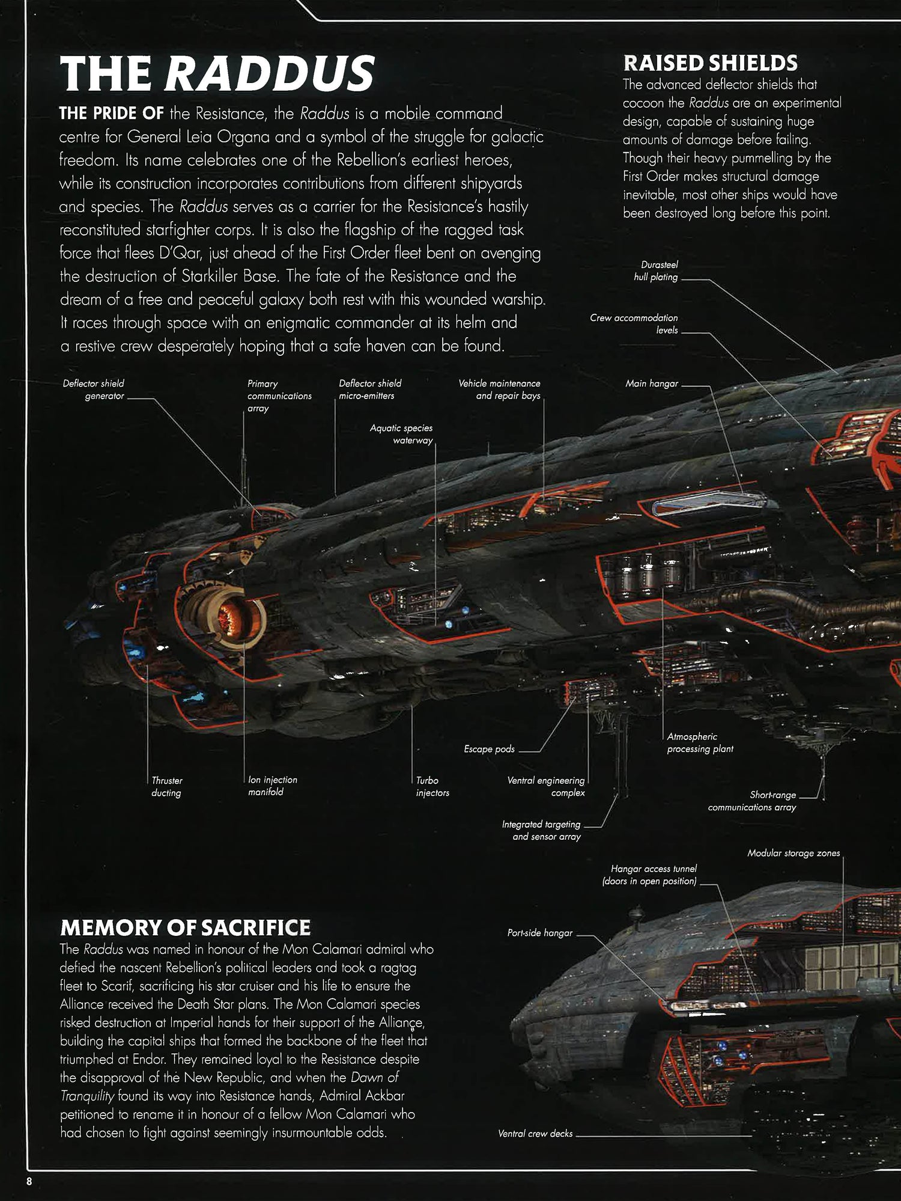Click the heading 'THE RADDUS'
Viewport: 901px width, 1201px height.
point(217,73)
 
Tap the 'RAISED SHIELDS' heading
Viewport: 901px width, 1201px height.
point(710,63)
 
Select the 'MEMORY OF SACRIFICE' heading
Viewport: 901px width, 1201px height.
point(185,927)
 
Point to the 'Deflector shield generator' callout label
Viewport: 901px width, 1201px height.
point(94,390)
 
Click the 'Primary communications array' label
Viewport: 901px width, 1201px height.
point(279,396)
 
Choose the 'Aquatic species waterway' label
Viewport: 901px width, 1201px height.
point(401,434)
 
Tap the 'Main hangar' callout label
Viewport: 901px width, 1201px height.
point(652,384)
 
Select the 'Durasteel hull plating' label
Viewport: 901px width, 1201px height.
point(656,270)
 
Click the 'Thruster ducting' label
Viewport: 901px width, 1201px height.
point(166,786)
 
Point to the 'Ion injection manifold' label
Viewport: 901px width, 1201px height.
point(272,786)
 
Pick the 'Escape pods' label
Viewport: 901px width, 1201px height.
point(489,749)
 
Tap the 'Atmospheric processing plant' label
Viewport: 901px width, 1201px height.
point(700,742)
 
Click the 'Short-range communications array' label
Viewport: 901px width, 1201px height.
point(752,801)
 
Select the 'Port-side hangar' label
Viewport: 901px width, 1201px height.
point(539,933)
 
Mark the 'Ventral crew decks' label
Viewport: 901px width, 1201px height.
point(535,1134)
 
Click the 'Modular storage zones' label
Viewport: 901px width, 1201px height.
point(793,853)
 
